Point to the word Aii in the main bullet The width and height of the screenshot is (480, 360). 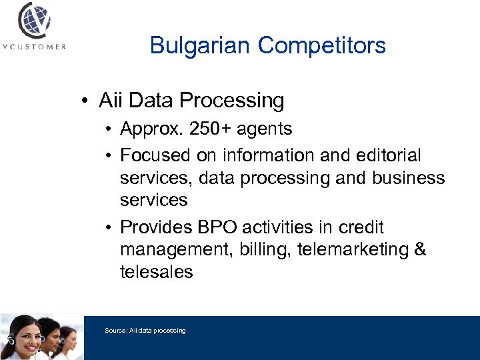[111, 101]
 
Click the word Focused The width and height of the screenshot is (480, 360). [155, 155]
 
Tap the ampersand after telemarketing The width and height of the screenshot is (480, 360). [419, 250]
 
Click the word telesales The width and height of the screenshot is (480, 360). [156, 272]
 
